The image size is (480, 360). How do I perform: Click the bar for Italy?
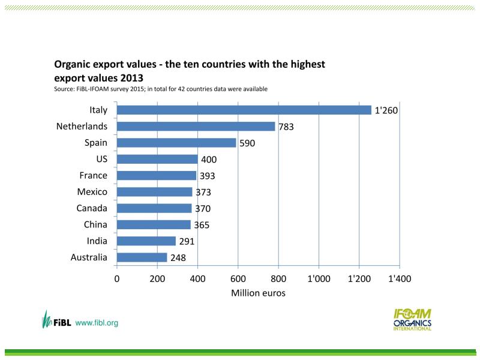point(244,110)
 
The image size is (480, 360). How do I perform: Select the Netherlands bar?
point(196,127)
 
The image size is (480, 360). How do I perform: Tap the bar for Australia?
point(142,257)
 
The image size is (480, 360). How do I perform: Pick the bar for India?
point(146,241)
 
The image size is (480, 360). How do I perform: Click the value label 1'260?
point(386,111)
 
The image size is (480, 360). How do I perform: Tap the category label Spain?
point(96,143)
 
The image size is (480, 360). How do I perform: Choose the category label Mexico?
point(92,192)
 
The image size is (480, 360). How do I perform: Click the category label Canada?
point(92,208)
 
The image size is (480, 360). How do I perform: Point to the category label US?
point(101,159)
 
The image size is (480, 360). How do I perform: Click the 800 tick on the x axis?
point(278,279)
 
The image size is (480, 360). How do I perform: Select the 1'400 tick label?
point(399,279)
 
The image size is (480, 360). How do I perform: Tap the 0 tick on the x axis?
point(117,279)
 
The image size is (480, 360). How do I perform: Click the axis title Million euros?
point(258,293)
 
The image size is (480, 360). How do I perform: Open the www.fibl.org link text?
point(97,323)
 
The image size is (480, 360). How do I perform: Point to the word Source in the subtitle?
point(64,89)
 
